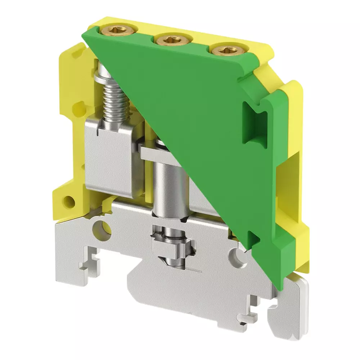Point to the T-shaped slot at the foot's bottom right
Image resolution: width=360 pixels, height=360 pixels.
[x=248, y=317]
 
